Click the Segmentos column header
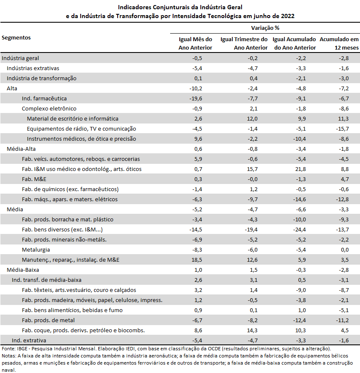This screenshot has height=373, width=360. (16, 37)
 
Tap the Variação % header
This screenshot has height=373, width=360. (265, 28)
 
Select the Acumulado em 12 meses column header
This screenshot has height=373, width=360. (339, 43)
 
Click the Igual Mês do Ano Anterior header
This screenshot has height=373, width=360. (195, 43)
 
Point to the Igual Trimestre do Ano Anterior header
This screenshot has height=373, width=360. (244, 43)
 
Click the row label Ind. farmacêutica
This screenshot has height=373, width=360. (44, 98)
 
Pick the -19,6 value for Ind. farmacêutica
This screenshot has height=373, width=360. (196, 98)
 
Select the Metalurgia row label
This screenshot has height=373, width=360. (36, 250)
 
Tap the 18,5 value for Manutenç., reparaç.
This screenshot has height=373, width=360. (197, 260)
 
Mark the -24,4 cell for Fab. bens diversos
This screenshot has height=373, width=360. (300, 230)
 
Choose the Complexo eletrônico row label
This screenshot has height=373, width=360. (49, 109)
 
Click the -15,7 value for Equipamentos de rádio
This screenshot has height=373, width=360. (342, 129)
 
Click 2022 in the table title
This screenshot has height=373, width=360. (288, 16)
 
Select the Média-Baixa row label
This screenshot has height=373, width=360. (23, 270)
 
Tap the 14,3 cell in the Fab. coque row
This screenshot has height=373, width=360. (252, 331)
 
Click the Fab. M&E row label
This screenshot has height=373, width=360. (34, 179)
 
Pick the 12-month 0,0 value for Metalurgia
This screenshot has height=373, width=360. (345, 250)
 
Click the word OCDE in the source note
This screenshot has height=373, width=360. (215, 349)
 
